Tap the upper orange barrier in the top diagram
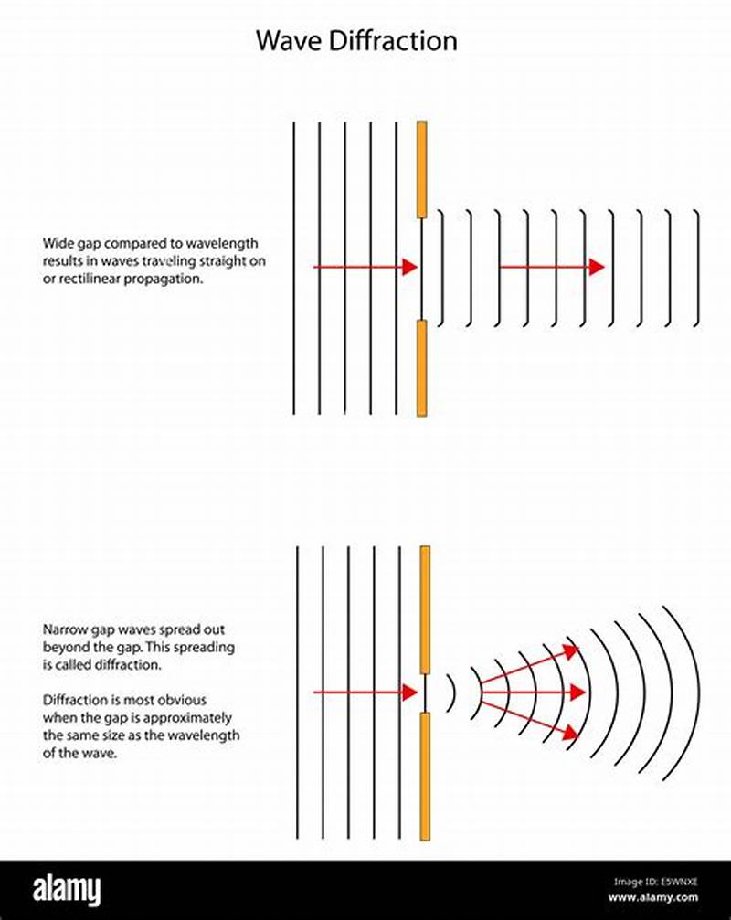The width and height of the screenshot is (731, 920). [x=422, y=169]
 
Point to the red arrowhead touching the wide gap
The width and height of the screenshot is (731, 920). [x=408, y=267]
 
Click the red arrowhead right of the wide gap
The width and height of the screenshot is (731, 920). [x=596, y=267]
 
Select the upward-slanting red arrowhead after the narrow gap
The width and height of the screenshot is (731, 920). [x=572, y=650]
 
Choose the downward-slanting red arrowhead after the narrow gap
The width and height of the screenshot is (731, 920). [x=572, y=733]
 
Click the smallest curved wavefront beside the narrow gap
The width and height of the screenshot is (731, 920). [x=451, y=693]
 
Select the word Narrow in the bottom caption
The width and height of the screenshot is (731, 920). [x=61, y=629]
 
